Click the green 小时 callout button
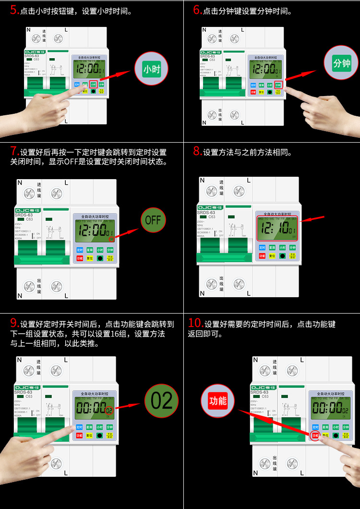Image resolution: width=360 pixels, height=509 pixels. tap(151, 69)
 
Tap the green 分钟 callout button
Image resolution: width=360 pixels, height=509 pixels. tap(342, 63)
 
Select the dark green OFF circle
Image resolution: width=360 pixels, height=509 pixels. tap(153, 220)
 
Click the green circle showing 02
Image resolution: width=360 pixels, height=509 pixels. tap(161, 400)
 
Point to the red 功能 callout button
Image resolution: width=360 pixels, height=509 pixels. tap(217, 400)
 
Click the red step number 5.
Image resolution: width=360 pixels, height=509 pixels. tap(14, 10)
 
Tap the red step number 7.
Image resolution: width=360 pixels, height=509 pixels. tap(14, 151)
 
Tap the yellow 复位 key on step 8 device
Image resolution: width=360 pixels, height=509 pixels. tap(272, 256)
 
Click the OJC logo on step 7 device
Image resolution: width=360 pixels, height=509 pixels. tap(28, 210)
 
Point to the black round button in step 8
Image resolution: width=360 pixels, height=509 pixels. tap(282, 256)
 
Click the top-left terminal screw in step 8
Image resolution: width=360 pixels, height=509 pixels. tap(212, 191)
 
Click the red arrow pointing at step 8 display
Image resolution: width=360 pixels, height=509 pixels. tap(312, 220)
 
